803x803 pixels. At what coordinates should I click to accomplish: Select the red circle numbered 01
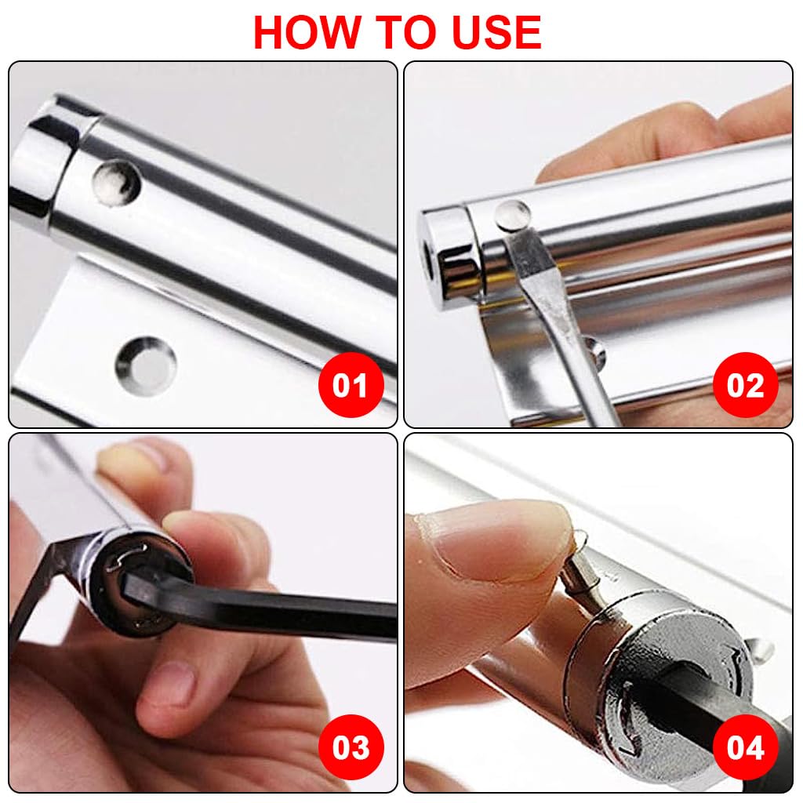(x=351, y=385)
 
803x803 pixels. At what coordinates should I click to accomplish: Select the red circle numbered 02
(x=745, y=385)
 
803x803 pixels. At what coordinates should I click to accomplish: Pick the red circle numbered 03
(x=351, y=747)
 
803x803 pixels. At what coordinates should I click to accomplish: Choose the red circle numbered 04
(x=745, y=747)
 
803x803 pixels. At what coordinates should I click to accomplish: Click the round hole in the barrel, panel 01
(x=115, y=182)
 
